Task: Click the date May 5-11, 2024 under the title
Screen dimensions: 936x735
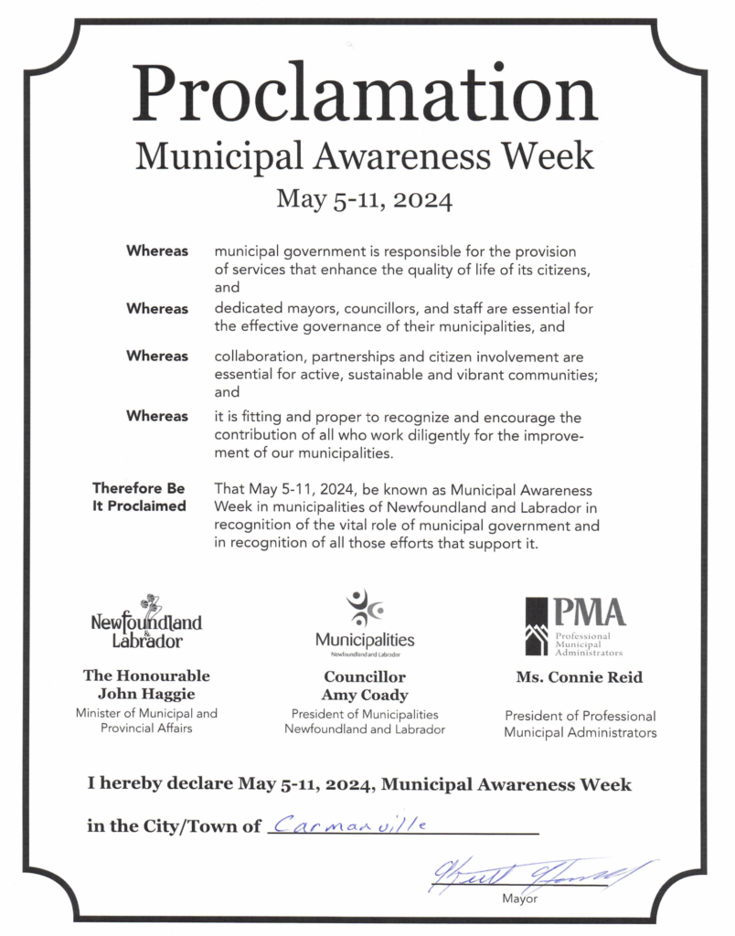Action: tap(366, 198)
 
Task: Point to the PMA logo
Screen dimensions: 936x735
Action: tap(575, 627)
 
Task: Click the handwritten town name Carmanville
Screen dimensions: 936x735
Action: tap(351, 824)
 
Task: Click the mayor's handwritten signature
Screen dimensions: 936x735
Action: tap(539, 877)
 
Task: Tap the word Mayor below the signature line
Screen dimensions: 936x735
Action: tap(520, 899)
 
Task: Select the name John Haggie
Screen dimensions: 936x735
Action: tap(146, 693)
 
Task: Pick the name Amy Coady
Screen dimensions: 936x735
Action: tap(365, 695)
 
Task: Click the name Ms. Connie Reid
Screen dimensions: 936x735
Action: tap(580, 677)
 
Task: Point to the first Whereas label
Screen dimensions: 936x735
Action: tap(157, 250)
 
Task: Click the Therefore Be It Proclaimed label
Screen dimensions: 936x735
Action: tap(139, 497)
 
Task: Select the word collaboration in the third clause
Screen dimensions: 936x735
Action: tap(254, 356)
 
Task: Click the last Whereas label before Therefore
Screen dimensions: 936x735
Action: tap(157, 416)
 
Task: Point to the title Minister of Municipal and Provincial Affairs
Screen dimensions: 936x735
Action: tap(146, 720)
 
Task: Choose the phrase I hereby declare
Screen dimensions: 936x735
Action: tap(160, 784)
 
